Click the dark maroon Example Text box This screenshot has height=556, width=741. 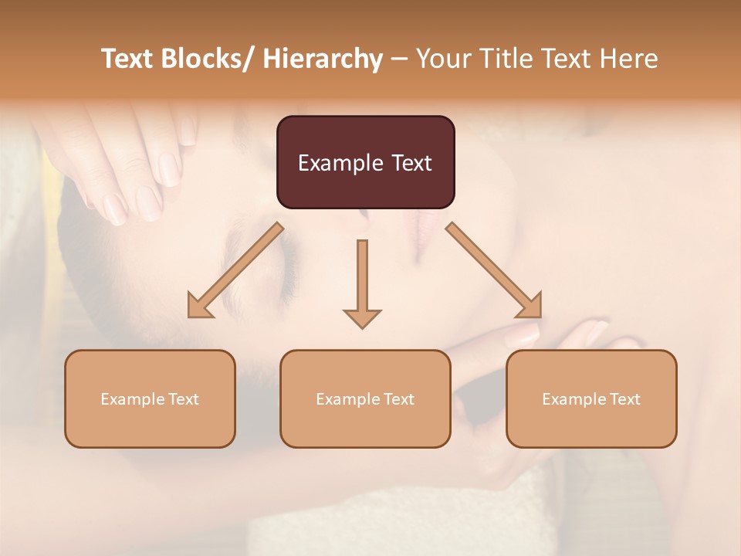click(365, 162)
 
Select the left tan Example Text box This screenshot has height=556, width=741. click(150, 398)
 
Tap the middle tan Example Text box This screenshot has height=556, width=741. click(365, 398)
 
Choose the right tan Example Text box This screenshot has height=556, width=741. click(591, 398)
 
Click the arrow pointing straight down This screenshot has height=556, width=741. click(362, 283)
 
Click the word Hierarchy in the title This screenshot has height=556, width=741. click(322, 59)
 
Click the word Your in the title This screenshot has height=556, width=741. click(444, 59)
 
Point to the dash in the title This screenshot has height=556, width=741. click(399, 59)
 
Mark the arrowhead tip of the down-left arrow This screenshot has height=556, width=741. click(190, 316)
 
